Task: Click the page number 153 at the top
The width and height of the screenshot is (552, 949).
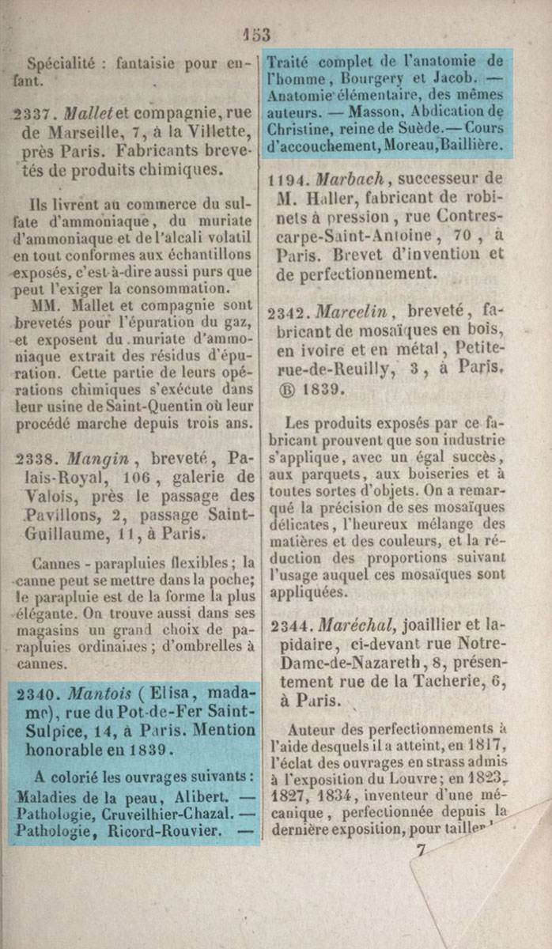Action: [x=257, y=34]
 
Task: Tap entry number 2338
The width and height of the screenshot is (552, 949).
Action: [x=37, y=459]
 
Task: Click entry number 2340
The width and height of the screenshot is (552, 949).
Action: [x=37, y=695]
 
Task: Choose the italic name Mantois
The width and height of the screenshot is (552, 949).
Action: [x=98, y=694]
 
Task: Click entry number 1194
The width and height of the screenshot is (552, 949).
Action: [x=290, y=178]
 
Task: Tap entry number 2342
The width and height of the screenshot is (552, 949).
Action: [x=290, y=314]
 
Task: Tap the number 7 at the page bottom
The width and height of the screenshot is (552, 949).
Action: [x=421, y=851]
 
